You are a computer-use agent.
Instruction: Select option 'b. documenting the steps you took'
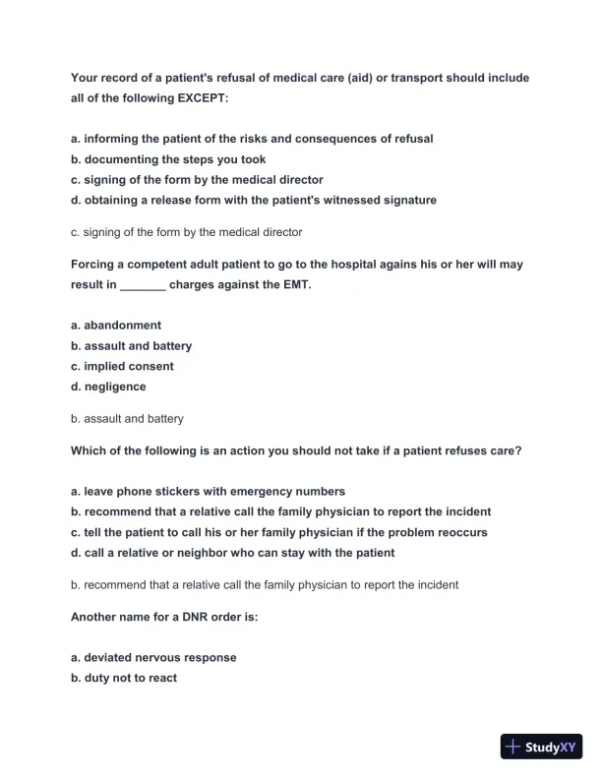click(168, 159)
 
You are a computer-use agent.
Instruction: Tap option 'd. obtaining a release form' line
click(254, 200)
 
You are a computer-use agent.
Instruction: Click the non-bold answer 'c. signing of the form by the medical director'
click(187, 233)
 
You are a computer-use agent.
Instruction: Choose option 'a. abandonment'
click(116, 325)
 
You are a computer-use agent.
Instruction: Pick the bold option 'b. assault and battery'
click(132, 345)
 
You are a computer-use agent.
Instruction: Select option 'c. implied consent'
click(122, 366)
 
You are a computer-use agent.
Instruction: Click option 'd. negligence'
click(108, 387)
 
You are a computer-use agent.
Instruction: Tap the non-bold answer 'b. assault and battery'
click(127, 419)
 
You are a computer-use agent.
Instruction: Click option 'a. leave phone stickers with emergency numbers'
click(208, 491)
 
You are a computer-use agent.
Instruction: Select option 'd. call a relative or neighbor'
click(233, 553)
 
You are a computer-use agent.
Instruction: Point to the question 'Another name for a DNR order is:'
click(164, 618)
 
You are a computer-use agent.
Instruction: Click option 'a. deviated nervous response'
click(153, 657)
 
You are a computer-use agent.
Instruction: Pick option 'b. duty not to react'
click(124, 678)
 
